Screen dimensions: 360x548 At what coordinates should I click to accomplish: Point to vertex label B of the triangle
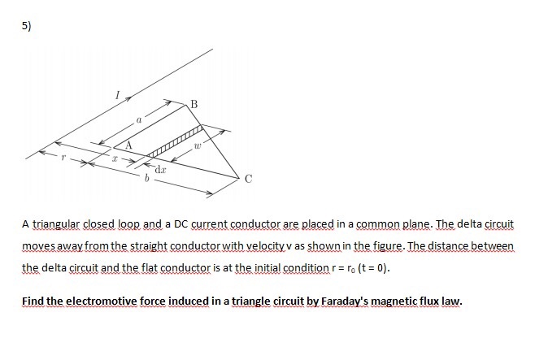[194, 102]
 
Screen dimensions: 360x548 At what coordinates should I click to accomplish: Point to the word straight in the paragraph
[141, 245]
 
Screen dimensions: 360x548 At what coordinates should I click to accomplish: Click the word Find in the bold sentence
[33, 301]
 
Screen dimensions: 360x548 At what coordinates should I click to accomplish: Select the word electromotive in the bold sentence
[98, 301]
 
